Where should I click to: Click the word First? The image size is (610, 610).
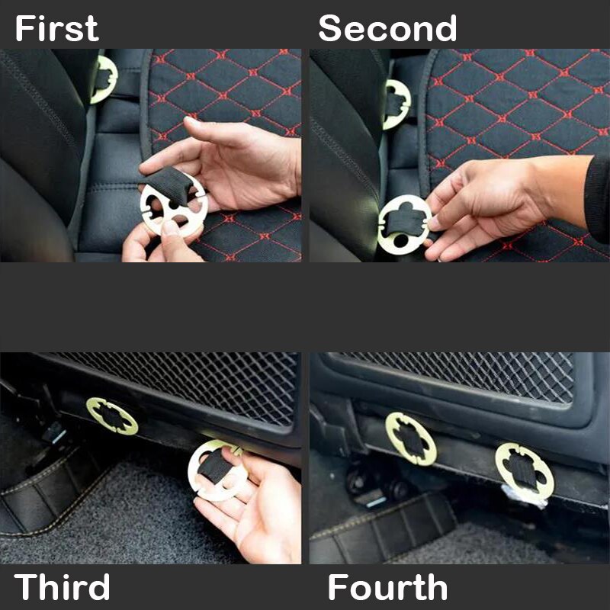click(57, 29)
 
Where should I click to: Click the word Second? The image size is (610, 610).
click(387, 29)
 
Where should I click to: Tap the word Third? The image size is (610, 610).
click(63, 587)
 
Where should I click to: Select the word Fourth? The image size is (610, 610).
click(387, 587)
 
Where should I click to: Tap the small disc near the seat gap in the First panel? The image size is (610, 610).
click(103, 79)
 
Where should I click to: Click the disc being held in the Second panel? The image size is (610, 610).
click(405, 225)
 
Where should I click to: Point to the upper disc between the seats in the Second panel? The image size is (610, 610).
click(396, 104)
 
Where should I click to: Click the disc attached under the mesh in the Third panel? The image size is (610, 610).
click(112, 416)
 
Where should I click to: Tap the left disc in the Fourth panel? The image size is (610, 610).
click(411, 438)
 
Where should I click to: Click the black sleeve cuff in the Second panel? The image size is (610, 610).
click(597, 198)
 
